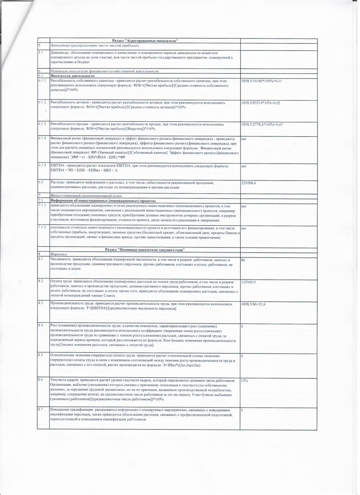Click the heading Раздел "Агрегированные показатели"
click(145, 41)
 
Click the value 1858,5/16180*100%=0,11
click(261, 81)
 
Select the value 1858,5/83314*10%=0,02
click(261, 103)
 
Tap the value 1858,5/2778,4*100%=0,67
click(262, 125)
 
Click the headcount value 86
click(243, 260)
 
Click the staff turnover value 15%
click(244, 381)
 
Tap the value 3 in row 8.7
click(242, 410)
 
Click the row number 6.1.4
click(42, 139)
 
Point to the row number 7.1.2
click(42, 228)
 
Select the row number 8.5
click(41, 355)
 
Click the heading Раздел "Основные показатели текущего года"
click(145, 249)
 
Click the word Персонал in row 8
click(58, 254)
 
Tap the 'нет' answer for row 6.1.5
click(244, 166)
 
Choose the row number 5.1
click(41, 53)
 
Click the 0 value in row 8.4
click(242, 326)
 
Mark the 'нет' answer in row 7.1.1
click(244, 206)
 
